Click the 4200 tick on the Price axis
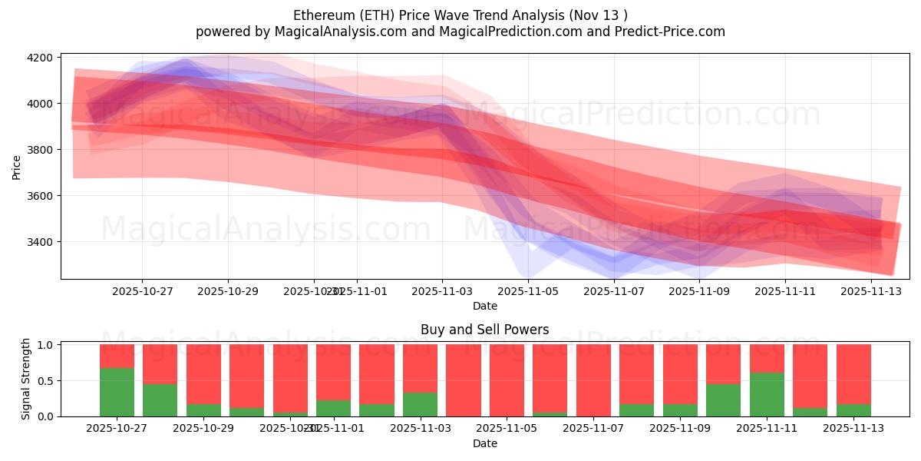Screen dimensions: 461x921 pyautogui.click(x=40, y=58)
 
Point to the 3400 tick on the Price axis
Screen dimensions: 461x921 pyautogui.click(x=40, y=242)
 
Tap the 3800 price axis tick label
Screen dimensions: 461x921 pyautogui.click(x=40, y=150)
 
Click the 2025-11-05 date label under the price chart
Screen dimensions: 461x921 pyautogui.click(x=528, y=292)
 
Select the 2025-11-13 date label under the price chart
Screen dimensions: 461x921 pyautogui.click(x=871, y=292)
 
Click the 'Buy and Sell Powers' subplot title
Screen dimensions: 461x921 pyautogui.click(x=484, y=330)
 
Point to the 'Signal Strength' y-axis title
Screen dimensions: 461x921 pyautogui.click(x=26, y=379)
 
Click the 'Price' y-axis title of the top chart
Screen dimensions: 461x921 pyautogui.click(x=17, y=167)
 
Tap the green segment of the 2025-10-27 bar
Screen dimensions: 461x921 pyautogui.click(x=117, y=392)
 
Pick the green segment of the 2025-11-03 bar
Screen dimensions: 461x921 pyautogui.click(x=420, y=404)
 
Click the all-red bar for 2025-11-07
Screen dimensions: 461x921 pyautogui.click(x=593, y=380)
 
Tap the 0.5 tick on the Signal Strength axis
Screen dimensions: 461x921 pyautogui.click(x=45, y=380)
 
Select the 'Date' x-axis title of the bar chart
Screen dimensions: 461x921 pyautogui.click(x=484, y=443)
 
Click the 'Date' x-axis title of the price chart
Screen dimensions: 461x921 pyautogui.click(x=484, y=306)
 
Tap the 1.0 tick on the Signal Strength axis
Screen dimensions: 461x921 pyautogui.click(x=45, y=345)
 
